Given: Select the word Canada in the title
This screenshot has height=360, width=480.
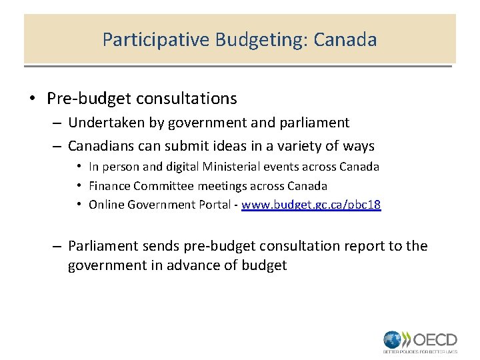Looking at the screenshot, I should (345, 40).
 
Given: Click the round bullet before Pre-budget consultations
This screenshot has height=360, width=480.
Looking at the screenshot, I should (32, 99).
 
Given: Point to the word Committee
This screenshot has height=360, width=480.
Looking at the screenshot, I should (165, 186).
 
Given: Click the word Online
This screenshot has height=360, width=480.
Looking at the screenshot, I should (108, 205).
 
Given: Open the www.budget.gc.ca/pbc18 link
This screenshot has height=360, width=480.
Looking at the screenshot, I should (311, 205).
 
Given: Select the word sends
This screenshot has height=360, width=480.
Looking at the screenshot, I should (168, 246).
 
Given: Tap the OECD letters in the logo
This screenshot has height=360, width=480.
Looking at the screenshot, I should (434, 338).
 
